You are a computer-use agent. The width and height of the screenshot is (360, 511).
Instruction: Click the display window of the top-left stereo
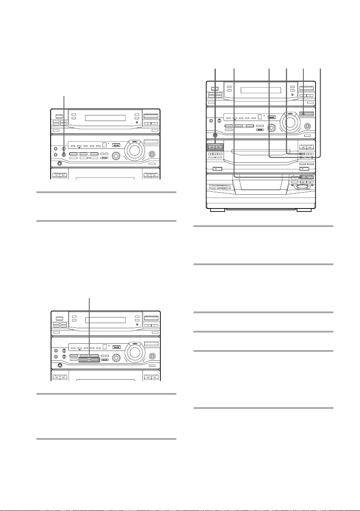tap(105, 118)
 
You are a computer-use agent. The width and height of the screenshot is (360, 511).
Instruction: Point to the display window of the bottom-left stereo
tap(105, 320)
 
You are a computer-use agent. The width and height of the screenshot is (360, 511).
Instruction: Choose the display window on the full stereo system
tap(261, 91)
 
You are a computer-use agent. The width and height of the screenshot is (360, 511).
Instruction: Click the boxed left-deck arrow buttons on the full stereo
tap(223, 146)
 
